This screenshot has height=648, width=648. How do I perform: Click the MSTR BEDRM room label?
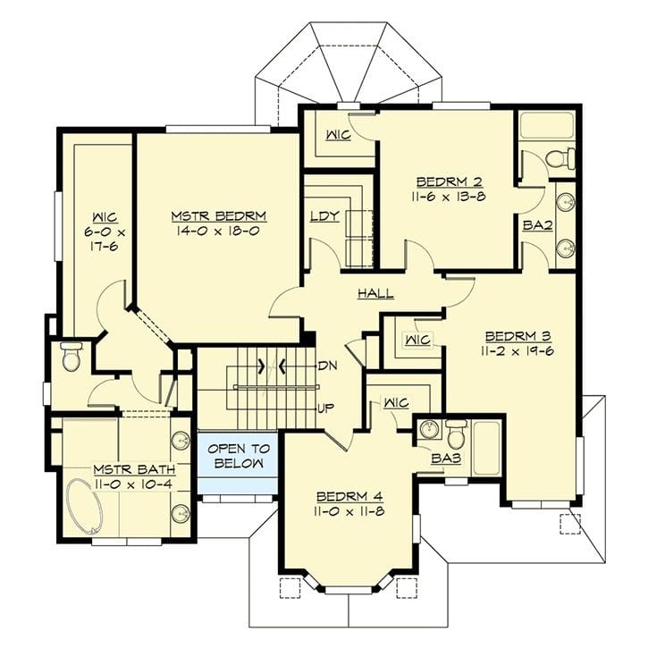point(219,216)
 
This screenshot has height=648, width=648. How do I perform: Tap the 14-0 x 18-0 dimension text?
point(219,231)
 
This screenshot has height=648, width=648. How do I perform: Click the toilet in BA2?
point(560,159)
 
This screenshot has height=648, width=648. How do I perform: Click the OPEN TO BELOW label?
point(238,456)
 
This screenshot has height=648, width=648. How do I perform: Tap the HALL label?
point(375,293)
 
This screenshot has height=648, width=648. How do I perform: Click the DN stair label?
point(326,366)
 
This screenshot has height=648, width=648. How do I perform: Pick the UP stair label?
point(326,408)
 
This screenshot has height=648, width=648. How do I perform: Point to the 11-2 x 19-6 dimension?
point(518,351)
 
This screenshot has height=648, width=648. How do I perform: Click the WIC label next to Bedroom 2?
point(337,135)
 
